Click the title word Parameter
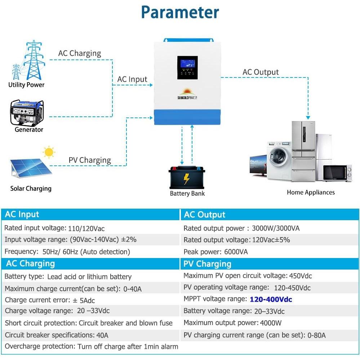tap(180, 12)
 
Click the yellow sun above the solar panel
tap(49, 152)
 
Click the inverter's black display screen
tap(187, 67)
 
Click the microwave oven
tap(337, 173)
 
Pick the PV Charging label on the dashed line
tap(90, 160)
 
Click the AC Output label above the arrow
tap(261, 72)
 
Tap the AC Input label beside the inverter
tap(132, 79)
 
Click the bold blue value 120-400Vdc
tap(271, 299)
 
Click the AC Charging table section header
tap(30, 263)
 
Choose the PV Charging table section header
tap(207, 264)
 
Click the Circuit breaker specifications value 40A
tap(102, 335)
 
